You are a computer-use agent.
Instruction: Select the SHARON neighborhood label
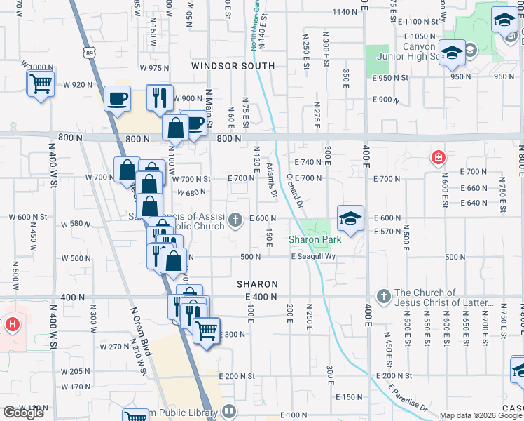tap(257, 284)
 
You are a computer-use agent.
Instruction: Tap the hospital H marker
tap(12, 325)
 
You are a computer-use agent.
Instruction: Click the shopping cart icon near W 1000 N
tap(41, 83)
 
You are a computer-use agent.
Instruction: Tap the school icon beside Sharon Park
tap(350, 218)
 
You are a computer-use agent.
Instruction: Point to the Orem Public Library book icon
tap(228, 412)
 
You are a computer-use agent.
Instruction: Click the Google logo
tap(22, 413)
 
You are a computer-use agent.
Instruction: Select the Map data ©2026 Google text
tap(481, 415)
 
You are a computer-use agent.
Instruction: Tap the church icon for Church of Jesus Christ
tap(383, 296)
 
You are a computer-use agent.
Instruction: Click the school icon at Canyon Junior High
tap(452, 53)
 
